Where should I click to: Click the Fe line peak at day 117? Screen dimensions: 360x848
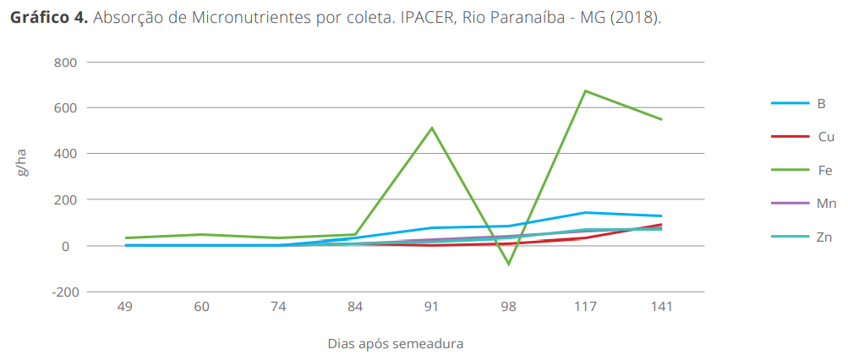[x=585, y=90]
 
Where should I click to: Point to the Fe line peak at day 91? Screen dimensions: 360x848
[x=432, y=128]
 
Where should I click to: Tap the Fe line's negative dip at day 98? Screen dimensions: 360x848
[x=509, y=265]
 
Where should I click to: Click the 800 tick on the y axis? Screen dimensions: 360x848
[x=67, y=63]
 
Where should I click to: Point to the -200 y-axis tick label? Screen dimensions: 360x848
[x=64, y=292]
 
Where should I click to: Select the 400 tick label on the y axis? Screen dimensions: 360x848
[x=67, y=154]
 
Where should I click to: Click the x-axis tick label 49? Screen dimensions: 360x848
[x=124, y=307]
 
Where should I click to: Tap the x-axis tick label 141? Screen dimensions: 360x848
[x=662, y=307]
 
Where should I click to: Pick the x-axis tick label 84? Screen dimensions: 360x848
[x=355, y=307]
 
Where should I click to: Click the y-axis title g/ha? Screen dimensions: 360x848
[x=23, y=161]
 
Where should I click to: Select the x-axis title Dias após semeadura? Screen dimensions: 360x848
[x=395, y=344]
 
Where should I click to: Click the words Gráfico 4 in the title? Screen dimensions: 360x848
[x=49, y=18]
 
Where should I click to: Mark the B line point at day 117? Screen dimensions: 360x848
[x=585, y=212]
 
